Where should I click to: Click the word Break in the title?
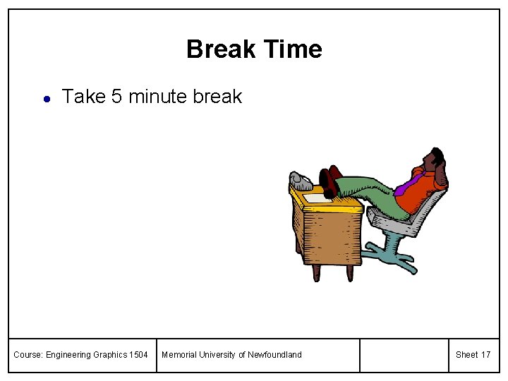click(x=221, y=49)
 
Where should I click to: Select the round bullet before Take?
click(x=45, y=99)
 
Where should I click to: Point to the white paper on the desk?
click(x=319, y=198)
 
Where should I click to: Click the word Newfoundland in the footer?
click(x=274, y=355)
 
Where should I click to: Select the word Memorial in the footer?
click(x=179, y=355)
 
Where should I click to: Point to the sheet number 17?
click(x=485, y=355)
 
